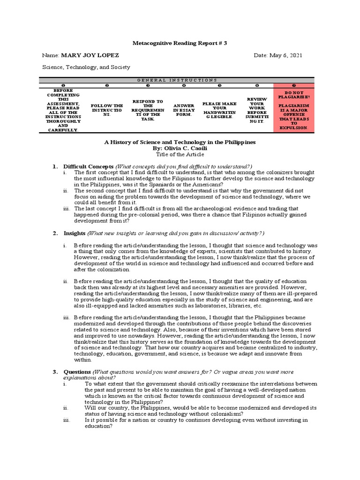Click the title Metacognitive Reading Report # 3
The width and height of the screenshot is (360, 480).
(x=180, y=43)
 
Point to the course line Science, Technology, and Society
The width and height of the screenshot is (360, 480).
(x=86, y=67)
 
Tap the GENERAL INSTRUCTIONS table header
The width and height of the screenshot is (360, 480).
(x=177, y=80)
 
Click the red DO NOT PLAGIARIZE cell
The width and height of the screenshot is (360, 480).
(x=294, y=110)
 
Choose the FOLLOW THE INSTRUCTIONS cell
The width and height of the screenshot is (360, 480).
(x=107, y=110)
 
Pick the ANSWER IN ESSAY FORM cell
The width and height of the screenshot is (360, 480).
(x=183, y=110)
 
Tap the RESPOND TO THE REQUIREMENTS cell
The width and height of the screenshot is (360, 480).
(x=147, y=110)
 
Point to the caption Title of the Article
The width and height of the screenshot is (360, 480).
(x=180, y=154)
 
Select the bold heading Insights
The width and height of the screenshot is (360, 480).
(x=74, y=233)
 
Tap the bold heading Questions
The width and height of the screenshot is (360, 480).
(x=77, y=372)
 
